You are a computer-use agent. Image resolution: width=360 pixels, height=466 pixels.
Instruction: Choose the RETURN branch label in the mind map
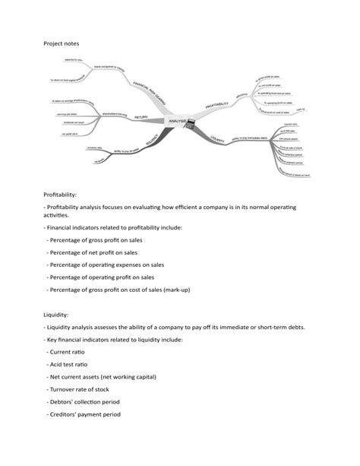(x=141, y=117)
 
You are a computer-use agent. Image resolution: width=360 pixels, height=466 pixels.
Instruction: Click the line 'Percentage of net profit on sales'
(x=93, y=252)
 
